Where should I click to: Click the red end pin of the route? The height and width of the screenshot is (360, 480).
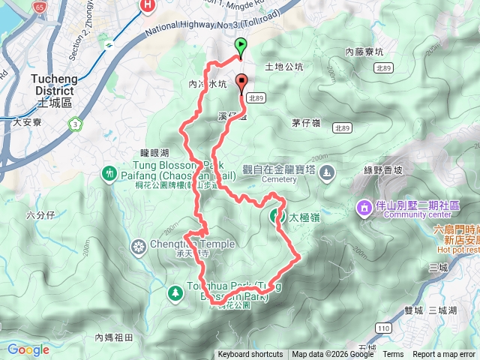[x=241, y=82]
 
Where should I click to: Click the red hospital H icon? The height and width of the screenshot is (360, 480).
[x=148, y=6]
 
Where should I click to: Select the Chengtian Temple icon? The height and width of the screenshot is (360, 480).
[x=138, y=244]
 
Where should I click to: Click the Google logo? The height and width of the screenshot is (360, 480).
[x=28, y=349]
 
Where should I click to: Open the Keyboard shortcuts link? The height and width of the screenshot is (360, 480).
[x=250, y=355]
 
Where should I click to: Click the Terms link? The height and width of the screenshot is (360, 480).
[x=393, y=355]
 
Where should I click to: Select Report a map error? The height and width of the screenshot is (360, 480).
[x=445, y=355]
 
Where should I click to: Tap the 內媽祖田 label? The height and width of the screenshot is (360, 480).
[x=114, y=337]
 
